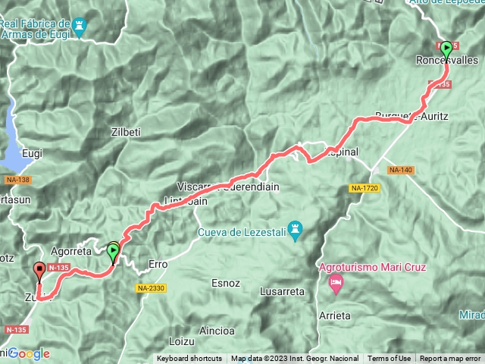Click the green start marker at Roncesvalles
[446, 49]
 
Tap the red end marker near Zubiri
[39, 270]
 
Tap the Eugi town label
[32, 152]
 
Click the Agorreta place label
[70, 251]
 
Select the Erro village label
[158, 264]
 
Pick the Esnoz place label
[226, 283]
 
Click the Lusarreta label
[280, 291]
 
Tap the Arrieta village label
[334, 315]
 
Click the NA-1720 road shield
[365, 187]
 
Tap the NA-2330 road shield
[152, 288]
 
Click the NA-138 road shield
[18, 180]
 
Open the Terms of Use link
[390, 359]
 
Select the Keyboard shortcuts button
[189, 359]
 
